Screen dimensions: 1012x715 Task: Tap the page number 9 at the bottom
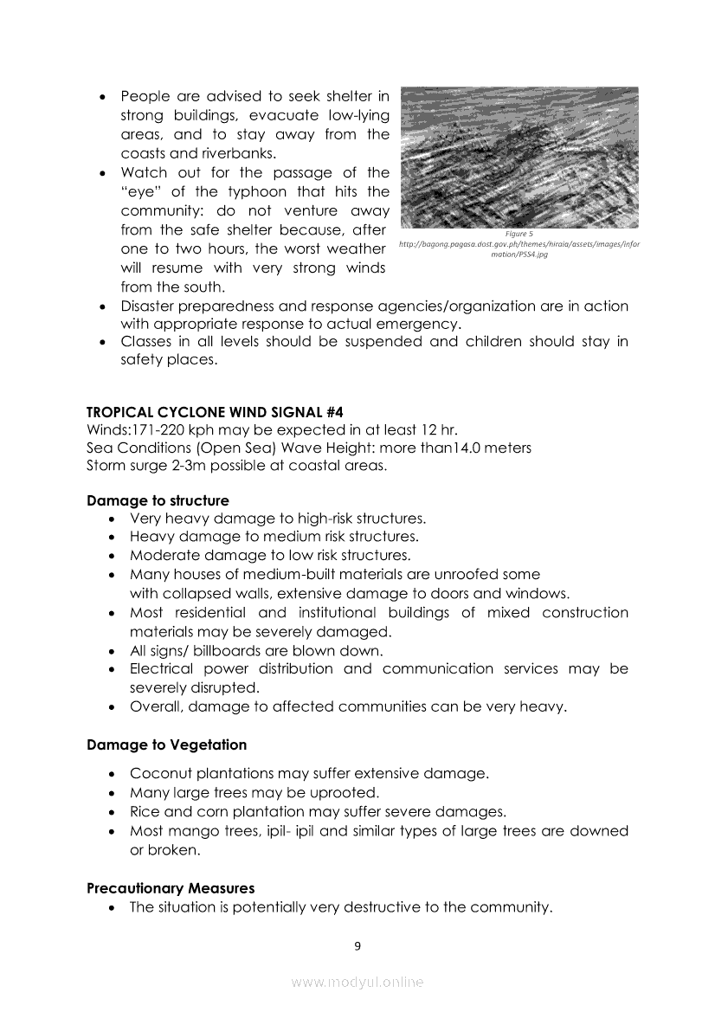pyautogui.click(x=357, y=945)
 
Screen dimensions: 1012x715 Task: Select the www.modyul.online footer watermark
pyautogui.click(x=357, y=983)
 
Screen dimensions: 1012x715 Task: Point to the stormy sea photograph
pyautogui.click(x=519, y=157)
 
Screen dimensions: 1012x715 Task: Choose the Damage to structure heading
pyautogui.click(x=158, y=500)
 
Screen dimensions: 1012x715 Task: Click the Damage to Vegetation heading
pyautogui.click(x=166, y=744)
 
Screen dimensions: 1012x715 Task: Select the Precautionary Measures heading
pyautogui.click(x=171, y=888)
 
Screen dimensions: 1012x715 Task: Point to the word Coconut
pyautogui.click(x=159, y=774)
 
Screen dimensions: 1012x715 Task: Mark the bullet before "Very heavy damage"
pyautogui.click(x=113, y=519)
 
